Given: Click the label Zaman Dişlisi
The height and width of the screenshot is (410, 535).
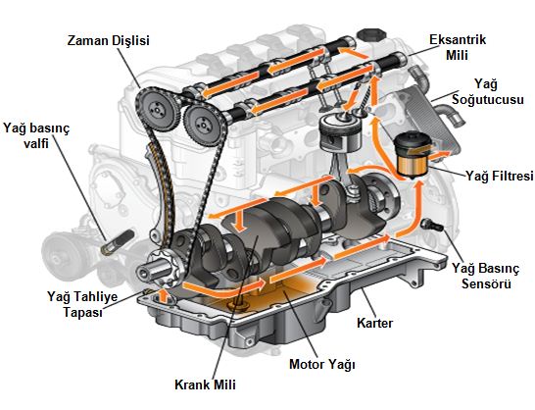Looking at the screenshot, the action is pos(109,40).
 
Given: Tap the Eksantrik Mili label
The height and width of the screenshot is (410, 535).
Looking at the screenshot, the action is pos(458,47).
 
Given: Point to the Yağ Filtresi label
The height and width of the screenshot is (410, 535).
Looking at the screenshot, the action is pos(499,176).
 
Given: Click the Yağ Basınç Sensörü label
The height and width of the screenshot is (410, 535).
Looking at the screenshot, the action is pos(486,276).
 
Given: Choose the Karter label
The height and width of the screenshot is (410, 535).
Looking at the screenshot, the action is pos(374,323).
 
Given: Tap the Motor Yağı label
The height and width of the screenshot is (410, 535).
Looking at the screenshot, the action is pos(322,365).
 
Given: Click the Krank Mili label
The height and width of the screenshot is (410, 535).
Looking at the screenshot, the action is pos(205,384).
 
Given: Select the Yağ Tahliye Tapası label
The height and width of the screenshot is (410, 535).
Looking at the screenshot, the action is pos(82,304).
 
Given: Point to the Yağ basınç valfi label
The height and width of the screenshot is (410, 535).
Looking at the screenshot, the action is pos(36,135).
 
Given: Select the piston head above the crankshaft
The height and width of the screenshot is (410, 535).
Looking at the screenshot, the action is pos(340,133).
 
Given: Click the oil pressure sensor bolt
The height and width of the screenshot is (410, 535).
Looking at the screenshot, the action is pos(432,225).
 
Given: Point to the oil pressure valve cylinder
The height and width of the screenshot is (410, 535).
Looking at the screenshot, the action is pos(117,243).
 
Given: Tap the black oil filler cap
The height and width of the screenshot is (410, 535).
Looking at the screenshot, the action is pos(371,35).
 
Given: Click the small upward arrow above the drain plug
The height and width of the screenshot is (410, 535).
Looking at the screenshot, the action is pos(164,296).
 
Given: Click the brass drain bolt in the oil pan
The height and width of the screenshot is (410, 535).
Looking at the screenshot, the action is pos(237,305).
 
